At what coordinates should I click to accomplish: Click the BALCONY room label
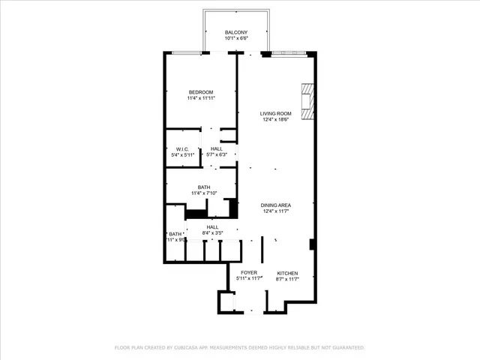click(241, 33)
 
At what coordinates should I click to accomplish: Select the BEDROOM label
click(201, 92)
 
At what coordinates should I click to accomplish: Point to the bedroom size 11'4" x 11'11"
click(201, 99)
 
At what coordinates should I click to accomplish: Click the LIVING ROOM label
click(275, 113)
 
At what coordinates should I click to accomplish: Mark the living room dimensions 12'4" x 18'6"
click(275, 120)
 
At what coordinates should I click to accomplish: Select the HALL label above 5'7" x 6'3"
click(216, 148)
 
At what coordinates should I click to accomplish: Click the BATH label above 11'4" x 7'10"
click(204, 187)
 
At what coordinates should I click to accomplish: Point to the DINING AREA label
click(275, 205)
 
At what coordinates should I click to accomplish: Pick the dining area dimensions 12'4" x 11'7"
click(275, 211)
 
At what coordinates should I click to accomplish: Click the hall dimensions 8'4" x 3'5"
click(213, 233)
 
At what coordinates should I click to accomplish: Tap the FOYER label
click(249, 272)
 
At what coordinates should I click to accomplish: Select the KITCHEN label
click(287, 272)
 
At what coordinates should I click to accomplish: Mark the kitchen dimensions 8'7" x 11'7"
click(287, 279)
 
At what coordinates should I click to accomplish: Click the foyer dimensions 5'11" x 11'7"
click(249, 279)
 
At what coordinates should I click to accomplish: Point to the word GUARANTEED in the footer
click(346, 348)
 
